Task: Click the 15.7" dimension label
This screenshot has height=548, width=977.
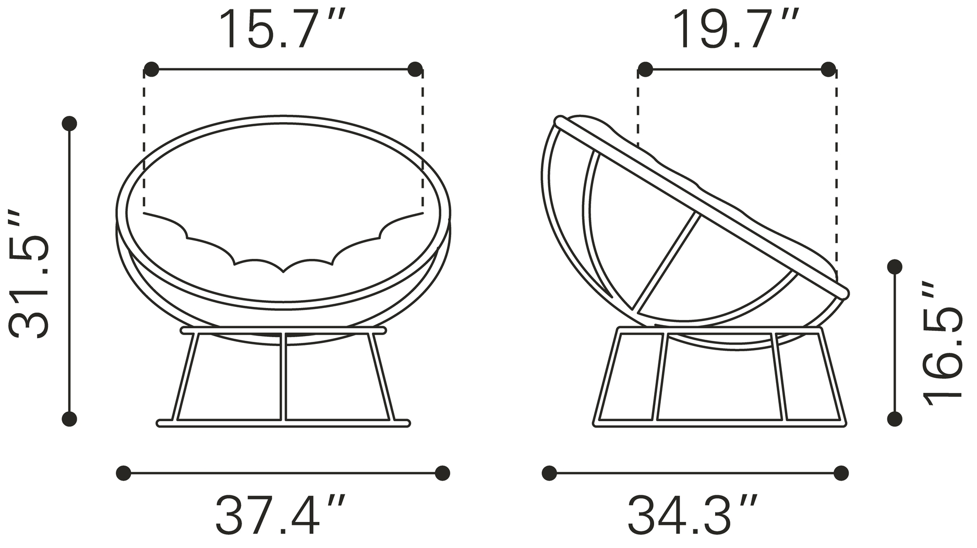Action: click(x=282, y=30)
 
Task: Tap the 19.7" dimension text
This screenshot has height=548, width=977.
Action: click(x=735, y=30)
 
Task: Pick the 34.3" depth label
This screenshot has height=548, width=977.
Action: click(x=693, y=515)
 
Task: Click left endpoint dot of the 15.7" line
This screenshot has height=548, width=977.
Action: click(x=151, y=69)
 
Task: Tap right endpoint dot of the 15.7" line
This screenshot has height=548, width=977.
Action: click(x=415, y=69)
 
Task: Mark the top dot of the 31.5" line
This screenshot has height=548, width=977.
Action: click(x=69, y=124)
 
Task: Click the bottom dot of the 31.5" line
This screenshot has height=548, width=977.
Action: click(x=69, y=419)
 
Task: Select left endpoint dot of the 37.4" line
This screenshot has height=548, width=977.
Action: click(x=124, y=473)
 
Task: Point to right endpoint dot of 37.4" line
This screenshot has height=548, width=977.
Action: click(x=442, y=473)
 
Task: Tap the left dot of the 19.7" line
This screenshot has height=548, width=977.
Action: click(x=645, y=69)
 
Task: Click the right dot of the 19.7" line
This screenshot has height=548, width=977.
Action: click(x=828, y=69)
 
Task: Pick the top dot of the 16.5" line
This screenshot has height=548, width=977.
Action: click(x=895, y=267)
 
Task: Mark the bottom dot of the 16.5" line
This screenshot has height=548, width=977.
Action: click(x=895, y=419)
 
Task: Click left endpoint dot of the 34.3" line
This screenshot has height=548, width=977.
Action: click(x=549, y=473)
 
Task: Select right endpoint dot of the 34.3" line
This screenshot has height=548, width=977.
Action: click(x=841, y=473)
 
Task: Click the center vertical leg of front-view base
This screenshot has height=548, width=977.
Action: click(x=283, y=376)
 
